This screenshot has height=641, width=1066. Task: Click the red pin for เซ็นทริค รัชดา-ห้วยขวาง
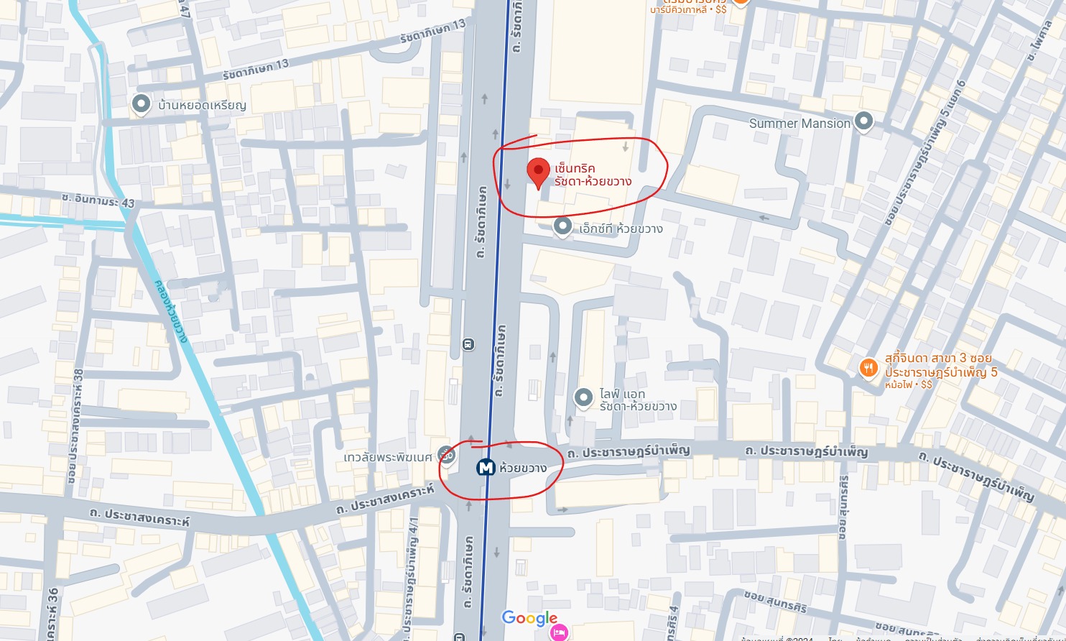[538, 172]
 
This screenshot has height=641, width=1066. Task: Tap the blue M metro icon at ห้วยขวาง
[486, 468]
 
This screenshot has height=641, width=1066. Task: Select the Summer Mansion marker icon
[863, 122]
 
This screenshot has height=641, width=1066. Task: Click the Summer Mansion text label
[799, 124]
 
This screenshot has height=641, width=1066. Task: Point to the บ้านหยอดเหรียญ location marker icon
[141, 104]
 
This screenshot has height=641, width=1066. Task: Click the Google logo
[529, 618]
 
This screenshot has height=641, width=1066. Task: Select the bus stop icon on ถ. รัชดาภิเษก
[468, 344]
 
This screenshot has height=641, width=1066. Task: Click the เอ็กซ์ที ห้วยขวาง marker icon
[562, 227]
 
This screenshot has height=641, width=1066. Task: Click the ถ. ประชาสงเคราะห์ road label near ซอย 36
[140, 517]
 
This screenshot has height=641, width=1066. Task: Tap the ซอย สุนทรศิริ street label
[775, 601]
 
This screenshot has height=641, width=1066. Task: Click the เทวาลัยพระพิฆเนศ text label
[388, 457]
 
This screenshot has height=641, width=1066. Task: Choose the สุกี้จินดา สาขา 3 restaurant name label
[938, 358]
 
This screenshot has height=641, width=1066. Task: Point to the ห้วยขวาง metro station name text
[523, 468]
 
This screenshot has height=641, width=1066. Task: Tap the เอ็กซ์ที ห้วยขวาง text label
[621, 229]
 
